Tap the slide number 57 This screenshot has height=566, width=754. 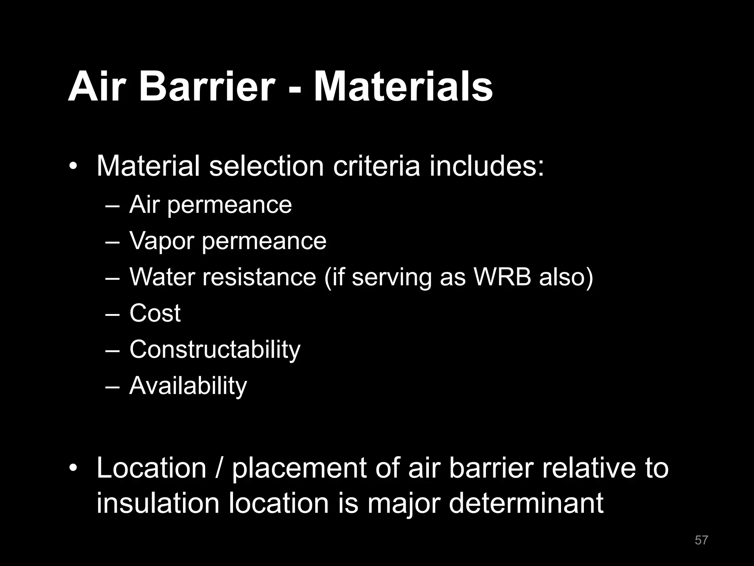coord(701,540)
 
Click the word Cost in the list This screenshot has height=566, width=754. coord(155,313)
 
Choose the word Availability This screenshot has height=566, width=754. coord(188,386)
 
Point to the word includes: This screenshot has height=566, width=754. coord(486,166)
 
